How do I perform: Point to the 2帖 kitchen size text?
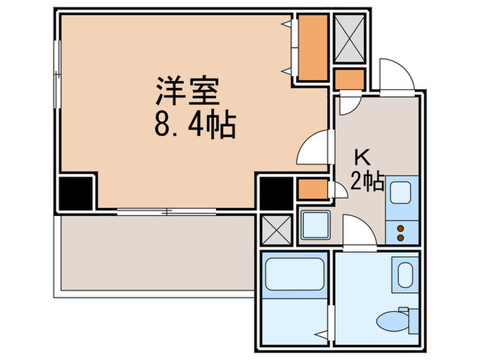pos(367,182)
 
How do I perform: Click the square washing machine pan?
pos(315,226)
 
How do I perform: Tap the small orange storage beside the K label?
pos(313,189)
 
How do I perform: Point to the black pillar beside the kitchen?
pos(276,193)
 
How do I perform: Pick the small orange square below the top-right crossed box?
pos(350,79)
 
